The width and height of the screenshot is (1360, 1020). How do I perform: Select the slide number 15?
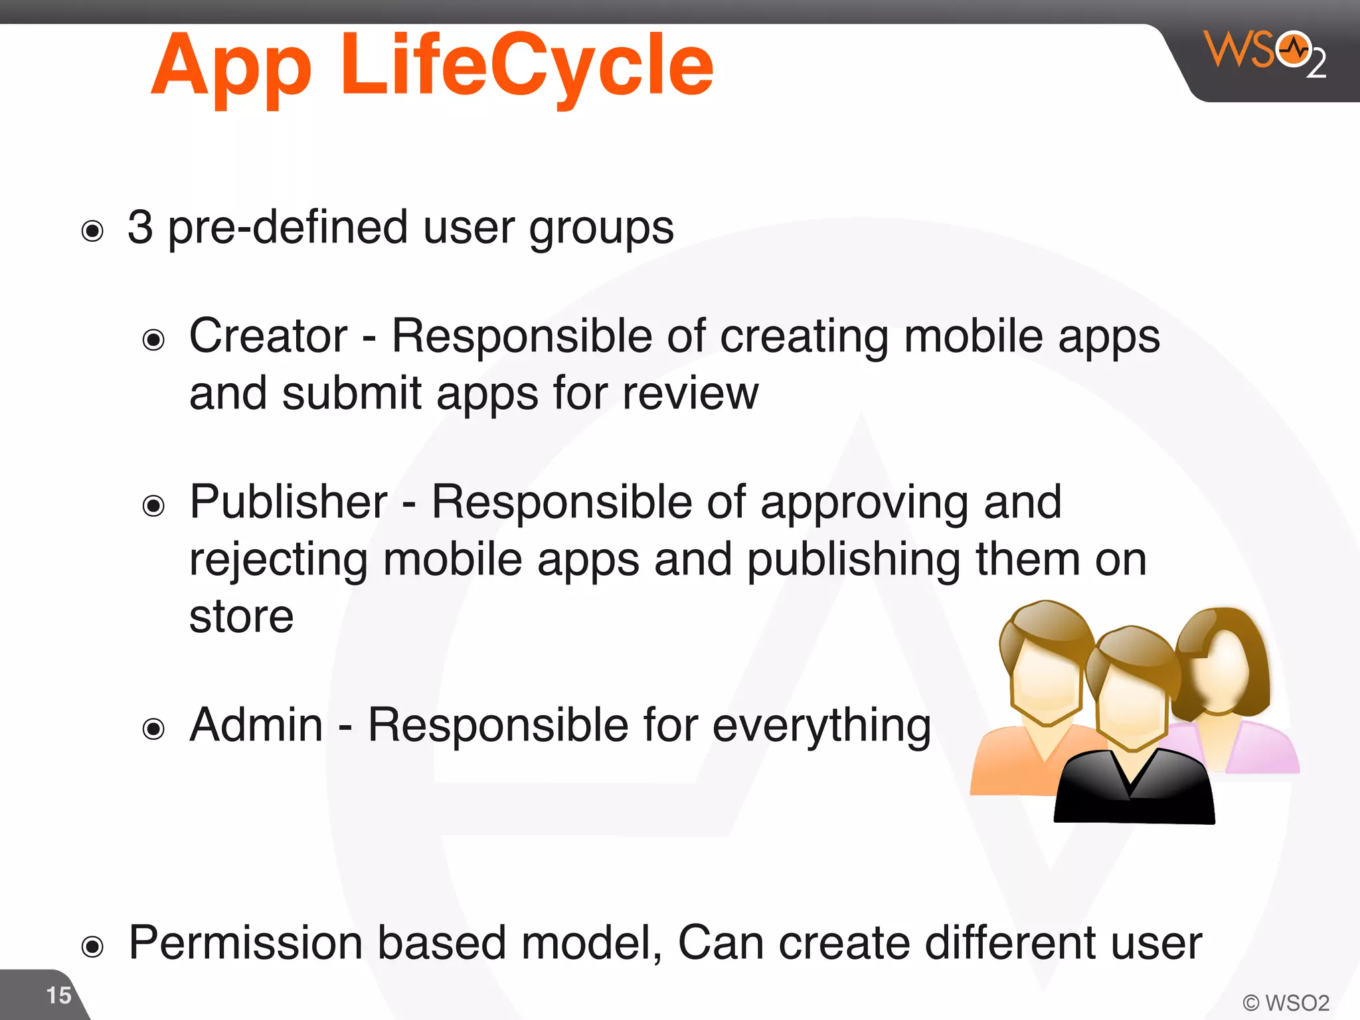point(58,995)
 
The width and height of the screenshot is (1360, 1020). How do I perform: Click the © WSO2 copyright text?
point(1286,1002)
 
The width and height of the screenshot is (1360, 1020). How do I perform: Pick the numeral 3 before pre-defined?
point(140,228)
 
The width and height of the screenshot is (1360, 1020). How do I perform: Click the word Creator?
point(268,336)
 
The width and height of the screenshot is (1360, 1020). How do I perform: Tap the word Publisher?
point(288,502)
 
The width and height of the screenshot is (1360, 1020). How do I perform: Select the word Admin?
point(256,725)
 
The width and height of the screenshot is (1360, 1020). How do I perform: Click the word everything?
point(821,726)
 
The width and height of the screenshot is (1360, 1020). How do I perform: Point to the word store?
point(241,617)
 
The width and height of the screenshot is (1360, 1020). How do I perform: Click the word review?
point(690,394)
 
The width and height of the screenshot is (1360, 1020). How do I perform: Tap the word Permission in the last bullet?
point(246,943)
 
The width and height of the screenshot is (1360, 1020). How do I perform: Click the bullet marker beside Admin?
point(153,729)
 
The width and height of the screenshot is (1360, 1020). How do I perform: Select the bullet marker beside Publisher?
point(153,506)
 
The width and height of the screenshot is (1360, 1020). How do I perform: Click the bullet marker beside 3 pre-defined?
point(92,231)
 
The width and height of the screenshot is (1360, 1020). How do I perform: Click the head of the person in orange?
point(1046,664)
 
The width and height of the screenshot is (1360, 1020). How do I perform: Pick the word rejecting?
point(278,560)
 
